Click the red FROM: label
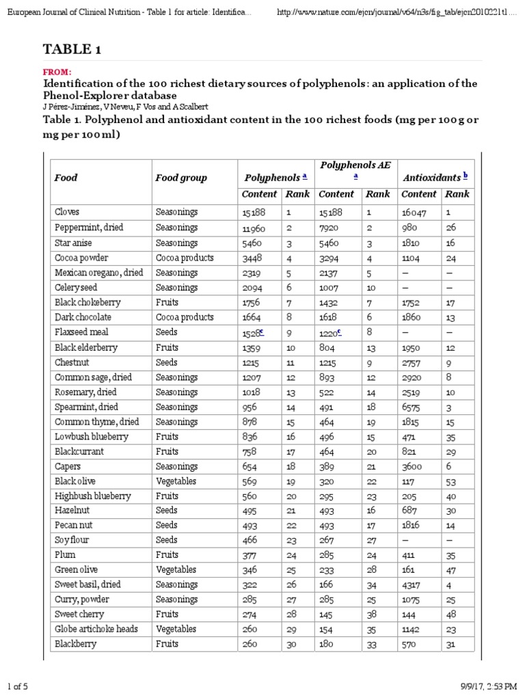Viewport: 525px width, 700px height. pos(57,72)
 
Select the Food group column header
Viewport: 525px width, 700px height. pos(180,178)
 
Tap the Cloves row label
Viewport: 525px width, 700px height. pos(67,213)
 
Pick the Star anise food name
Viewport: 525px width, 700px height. pos(73,243)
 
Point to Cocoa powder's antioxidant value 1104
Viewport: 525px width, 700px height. pos(414,258)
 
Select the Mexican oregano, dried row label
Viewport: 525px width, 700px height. pos(98,273)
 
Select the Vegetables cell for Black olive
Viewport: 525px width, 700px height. pos(176,481)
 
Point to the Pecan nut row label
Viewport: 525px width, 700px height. pos(73,526)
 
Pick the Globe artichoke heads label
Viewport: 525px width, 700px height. pos(96,630)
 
